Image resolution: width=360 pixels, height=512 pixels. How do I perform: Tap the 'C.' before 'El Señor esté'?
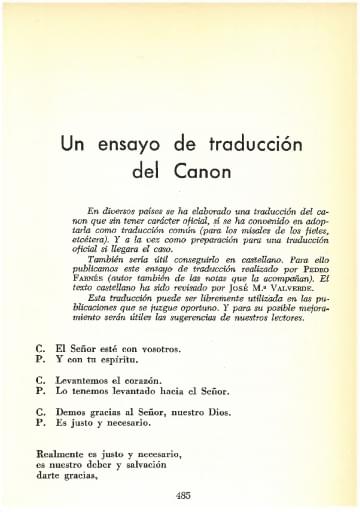pyautogui.click(x=39, y=349)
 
